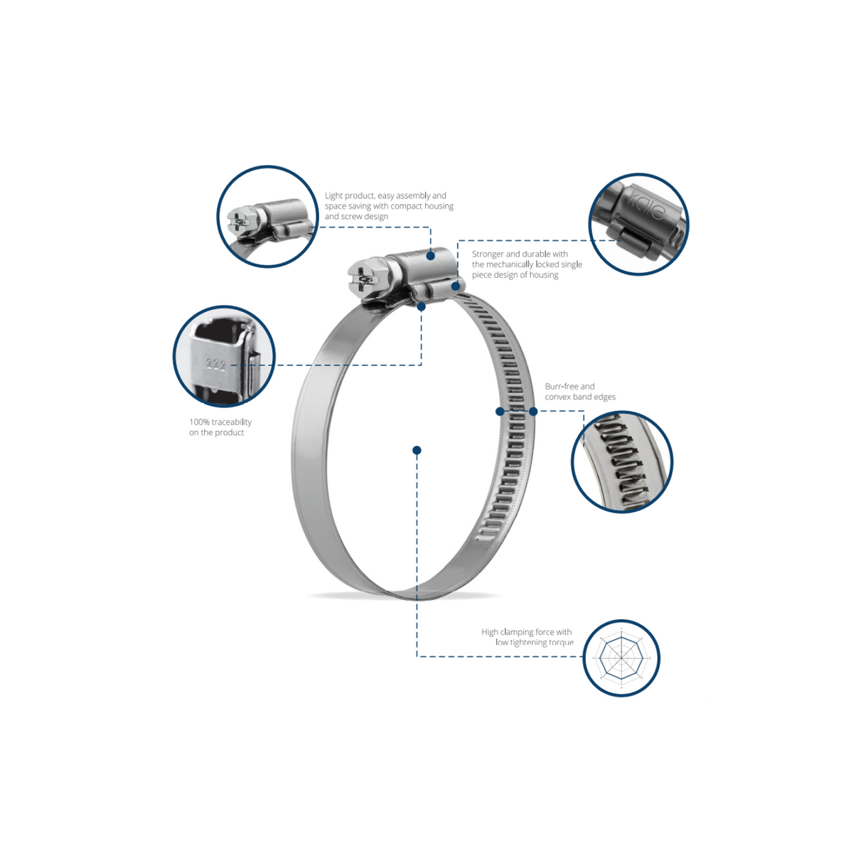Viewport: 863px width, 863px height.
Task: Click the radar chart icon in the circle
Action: [x=621, y=658]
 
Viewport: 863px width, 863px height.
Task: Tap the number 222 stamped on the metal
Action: [x=215, y=365]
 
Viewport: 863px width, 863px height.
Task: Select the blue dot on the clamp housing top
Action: [x=430, y=256]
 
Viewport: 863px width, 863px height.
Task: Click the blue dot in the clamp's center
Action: [x=417, y=450]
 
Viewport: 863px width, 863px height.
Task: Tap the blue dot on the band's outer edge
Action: [x=533, y=411]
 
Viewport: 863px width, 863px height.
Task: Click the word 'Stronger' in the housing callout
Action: [x=488, y=254]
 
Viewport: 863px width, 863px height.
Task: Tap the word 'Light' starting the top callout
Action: [x=333, y=195]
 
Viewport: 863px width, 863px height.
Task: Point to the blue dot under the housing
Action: [x=422, y=307]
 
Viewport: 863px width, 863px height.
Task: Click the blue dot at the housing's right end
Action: [x=456, y=286]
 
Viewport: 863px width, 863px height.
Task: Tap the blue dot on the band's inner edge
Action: [x=500, y=411]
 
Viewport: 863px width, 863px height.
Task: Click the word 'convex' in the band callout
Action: [x=557, y=397]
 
